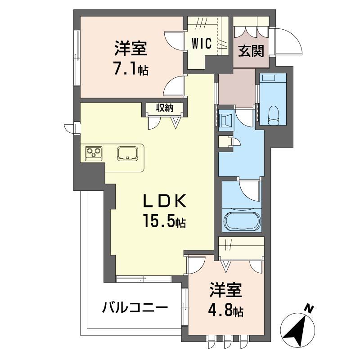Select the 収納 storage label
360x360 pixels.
165,108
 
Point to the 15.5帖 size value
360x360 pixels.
165,221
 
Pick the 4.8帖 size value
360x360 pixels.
226,311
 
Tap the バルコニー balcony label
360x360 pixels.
135,308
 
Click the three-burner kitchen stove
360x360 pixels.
93,153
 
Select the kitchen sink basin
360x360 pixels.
128,153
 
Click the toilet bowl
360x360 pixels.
274,116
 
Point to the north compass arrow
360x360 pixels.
297,328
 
